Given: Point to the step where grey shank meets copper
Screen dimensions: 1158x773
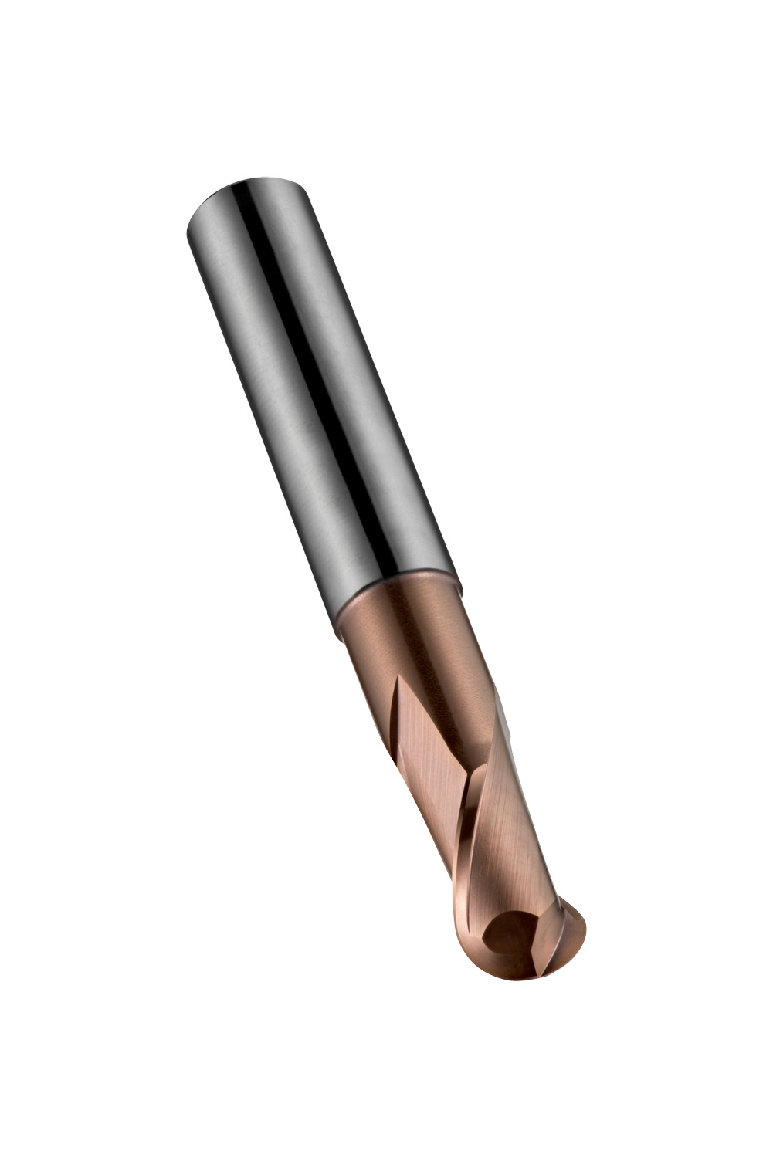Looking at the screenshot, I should coord(398,614).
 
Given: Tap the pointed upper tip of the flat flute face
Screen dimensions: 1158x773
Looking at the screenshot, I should coord(395,679).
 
